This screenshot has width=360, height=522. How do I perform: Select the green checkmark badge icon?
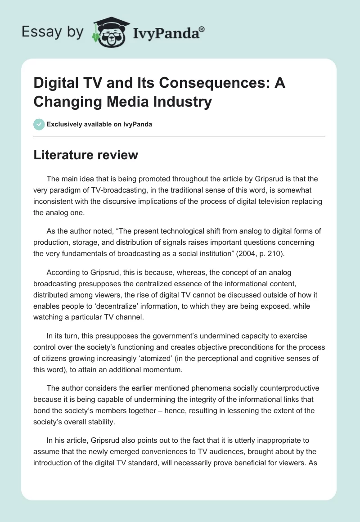coord(39,124)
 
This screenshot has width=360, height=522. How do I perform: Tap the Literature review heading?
coord(86,155)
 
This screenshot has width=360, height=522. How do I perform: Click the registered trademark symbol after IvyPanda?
coord(202,29)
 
